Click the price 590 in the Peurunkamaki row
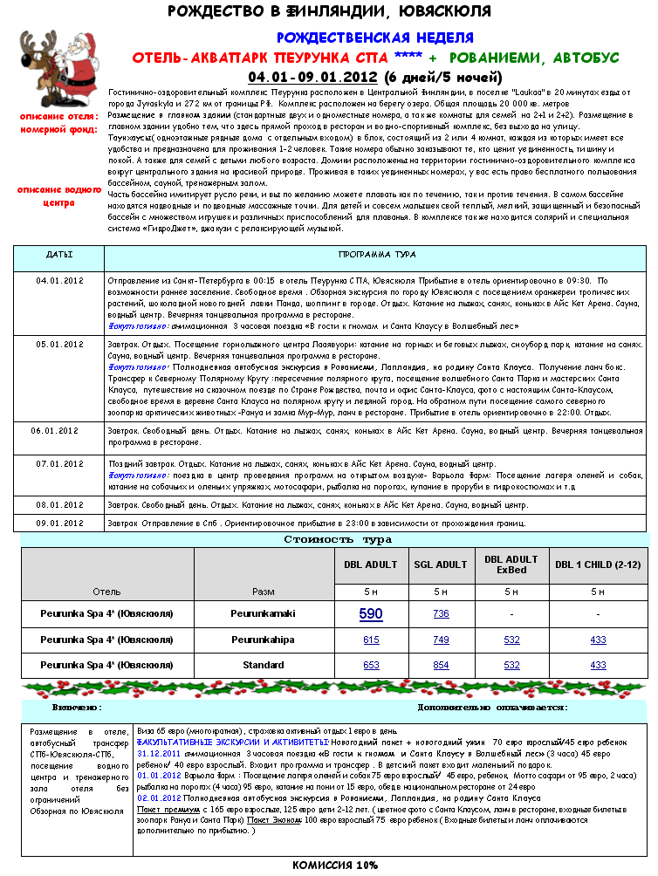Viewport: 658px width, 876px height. (371, 613)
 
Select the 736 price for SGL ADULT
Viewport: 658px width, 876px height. (441, 613)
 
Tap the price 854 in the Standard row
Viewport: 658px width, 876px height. (441, 665)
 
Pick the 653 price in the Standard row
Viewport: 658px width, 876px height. (371, 665)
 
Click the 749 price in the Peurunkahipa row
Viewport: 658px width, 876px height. (441, 640)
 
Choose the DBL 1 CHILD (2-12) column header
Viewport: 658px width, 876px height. (598, 565)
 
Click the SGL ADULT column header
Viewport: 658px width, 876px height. (441, 565)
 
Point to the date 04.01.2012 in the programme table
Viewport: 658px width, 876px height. (59, 280)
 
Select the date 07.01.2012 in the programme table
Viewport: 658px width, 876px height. (59, 463)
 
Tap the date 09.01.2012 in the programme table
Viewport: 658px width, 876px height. (59, 523)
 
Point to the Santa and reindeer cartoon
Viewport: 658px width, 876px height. (56, 66)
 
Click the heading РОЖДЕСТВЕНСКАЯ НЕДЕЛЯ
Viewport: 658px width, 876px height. (375, 38)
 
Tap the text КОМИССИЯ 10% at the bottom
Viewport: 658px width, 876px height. (335, 865)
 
